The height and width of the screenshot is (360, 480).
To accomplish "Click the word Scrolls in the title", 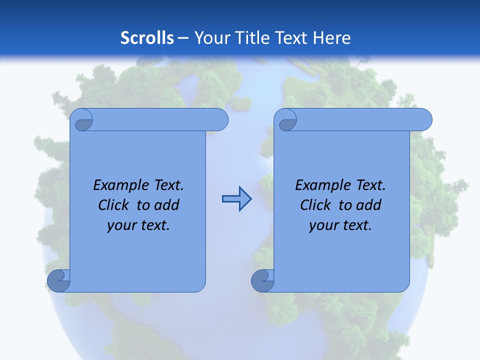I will [147, 38].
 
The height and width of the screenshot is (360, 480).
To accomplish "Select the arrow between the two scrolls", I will [236, 198].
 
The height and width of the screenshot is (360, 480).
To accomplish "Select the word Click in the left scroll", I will [113, 205].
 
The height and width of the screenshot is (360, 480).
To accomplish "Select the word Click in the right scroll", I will [315, 205].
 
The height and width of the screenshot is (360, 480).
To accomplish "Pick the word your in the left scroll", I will [121, 225].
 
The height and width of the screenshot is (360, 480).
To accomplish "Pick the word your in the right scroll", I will [323, 225].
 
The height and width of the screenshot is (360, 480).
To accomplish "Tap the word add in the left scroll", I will [167, 205].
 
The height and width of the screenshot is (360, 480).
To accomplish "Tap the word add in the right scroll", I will [369, 205].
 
